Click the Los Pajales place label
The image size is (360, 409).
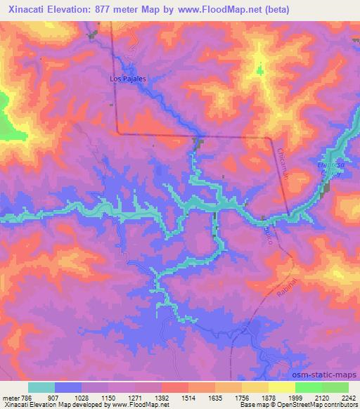click(128, 79)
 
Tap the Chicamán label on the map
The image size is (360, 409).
click(283, 164)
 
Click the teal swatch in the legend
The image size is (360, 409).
click(41, 387)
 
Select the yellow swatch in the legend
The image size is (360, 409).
click(282, 387)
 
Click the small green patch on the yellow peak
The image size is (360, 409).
click(259, 71)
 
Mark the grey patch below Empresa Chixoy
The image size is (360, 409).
click(325, 188)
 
